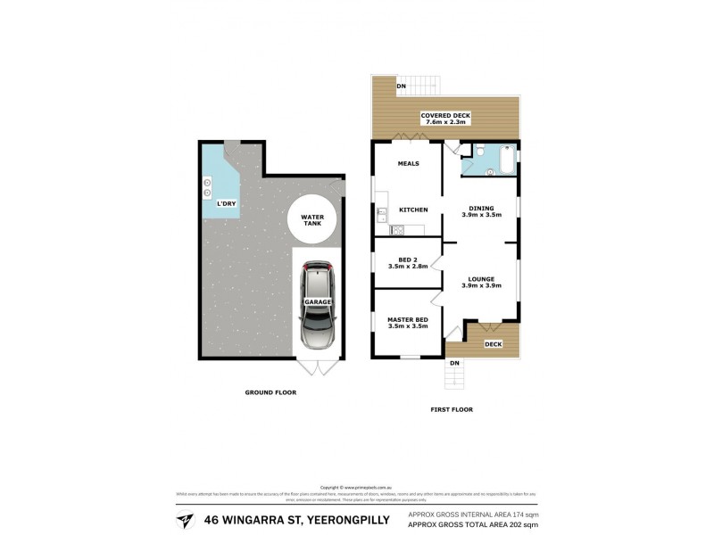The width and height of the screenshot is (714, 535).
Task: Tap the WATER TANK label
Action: pos(311,220)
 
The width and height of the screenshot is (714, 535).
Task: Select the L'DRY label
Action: pos(227,204)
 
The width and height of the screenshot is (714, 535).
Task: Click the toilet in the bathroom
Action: pos(479,152)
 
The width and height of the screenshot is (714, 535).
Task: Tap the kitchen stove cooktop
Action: pos(397,230)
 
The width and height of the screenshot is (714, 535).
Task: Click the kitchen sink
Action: pos(382,214)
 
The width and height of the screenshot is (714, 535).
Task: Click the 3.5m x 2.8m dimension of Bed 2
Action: pos(408,266)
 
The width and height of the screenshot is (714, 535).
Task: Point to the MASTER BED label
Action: pos(407,318)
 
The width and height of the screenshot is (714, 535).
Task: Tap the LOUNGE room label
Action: pos(480,279)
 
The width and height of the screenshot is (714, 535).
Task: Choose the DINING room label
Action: pos(480,209)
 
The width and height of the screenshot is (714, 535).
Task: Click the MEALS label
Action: pos(408,164)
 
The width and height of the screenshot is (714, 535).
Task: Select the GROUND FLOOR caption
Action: pos(270,392)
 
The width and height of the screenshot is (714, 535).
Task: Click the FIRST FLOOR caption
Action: pos(451,409)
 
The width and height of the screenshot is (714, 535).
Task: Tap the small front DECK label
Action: pos(493,344)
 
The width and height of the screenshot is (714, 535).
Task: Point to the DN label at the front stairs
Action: pos(454,362)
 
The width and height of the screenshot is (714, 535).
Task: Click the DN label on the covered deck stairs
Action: pos(402,86)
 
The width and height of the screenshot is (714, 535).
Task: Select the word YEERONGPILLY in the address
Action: pos(346,520)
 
